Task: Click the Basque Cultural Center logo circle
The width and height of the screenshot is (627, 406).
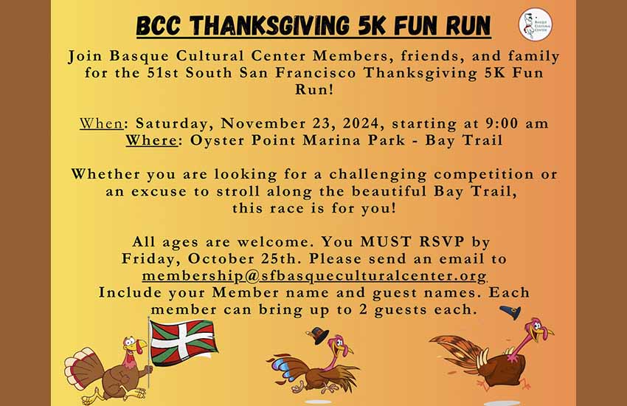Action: click(536, 24)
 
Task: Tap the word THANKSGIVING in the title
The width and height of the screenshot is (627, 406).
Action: click(270, 26)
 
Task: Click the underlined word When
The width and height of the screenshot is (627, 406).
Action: click(101, 123)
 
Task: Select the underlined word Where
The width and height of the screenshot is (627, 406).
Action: click(151, 140)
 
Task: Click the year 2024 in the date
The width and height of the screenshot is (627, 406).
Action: click(360, 123)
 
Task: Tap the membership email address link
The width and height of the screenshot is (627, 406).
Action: click(314, 275)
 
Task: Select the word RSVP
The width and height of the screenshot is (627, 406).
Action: click(442, 241)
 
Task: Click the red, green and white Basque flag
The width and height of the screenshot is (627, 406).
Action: click(184, 343)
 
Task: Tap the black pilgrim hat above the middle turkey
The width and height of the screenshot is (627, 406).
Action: click(318, 335)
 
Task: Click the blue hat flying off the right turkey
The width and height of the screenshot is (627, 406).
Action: click(510, 312)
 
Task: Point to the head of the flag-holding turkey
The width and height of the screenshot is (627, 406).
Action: click(132, 346)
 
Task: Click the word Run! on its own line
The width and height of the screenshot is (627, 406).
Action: click(314, 89)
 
